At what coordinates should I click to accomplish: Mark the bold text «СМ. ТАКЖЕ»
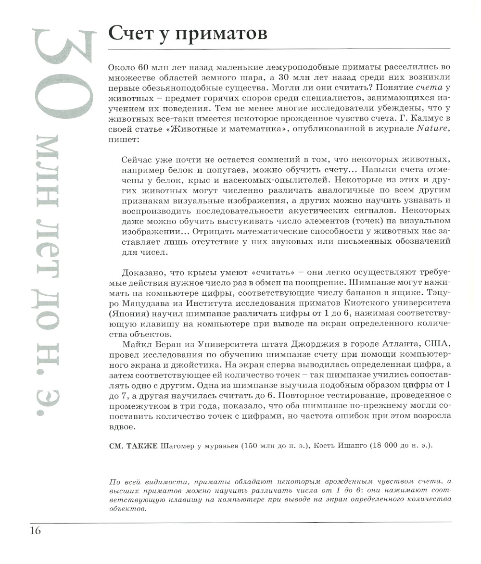click(134, 445)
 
